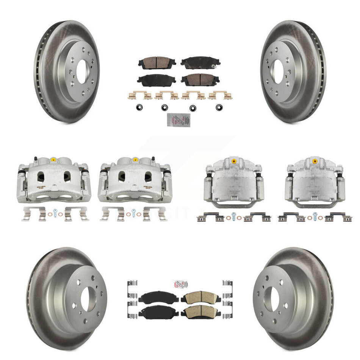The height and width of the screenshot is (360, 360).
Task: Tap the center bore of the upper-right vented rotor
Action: [x=278, y=71]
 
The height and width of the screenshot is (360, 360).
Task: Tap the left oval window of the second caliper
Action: [x=122, y=175]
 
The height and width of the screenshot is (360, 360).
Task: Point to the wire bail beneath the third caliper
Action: [x=232, y=205]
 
